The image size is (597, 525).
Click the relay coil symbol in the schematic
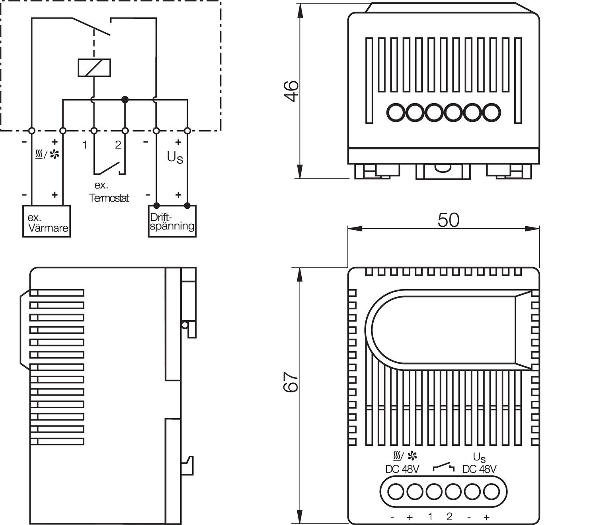point(94,67)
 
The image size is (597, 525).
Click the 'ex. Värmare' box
point(47,221)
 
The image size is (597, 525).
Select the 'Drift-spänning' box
point(172,221)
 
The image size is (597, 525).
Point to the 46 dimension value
point(292,91)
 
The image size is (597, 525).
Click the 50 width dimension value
point(448,220)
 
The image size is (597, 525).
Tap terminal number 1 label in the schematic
point(85,145)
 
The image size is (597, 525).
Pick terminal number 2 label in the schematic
point(118,145)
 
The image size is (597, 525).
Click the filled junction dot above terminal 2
point(125,99)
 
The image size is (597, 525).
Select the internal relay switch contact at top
point(92,27)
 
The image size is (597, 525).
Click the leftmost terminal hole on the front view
point(395,492)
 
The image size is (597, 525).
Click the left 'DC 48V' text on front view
point(402,469)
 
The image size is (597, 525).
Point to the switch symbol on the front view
point(443,467)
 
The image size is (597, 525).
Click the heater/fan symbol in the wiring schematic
point(47,154)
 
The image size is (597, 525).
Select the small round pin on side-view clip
point(184,325)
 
